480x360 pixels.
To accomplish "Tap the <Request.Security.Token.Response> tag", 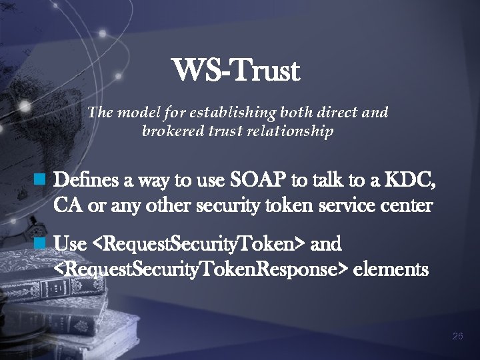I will (x=200, y=271).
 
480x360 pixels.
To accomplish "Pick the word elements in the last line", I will (x=391, y=271).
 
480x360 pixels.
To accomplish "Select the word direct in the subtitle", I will (x=334, y=113).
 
